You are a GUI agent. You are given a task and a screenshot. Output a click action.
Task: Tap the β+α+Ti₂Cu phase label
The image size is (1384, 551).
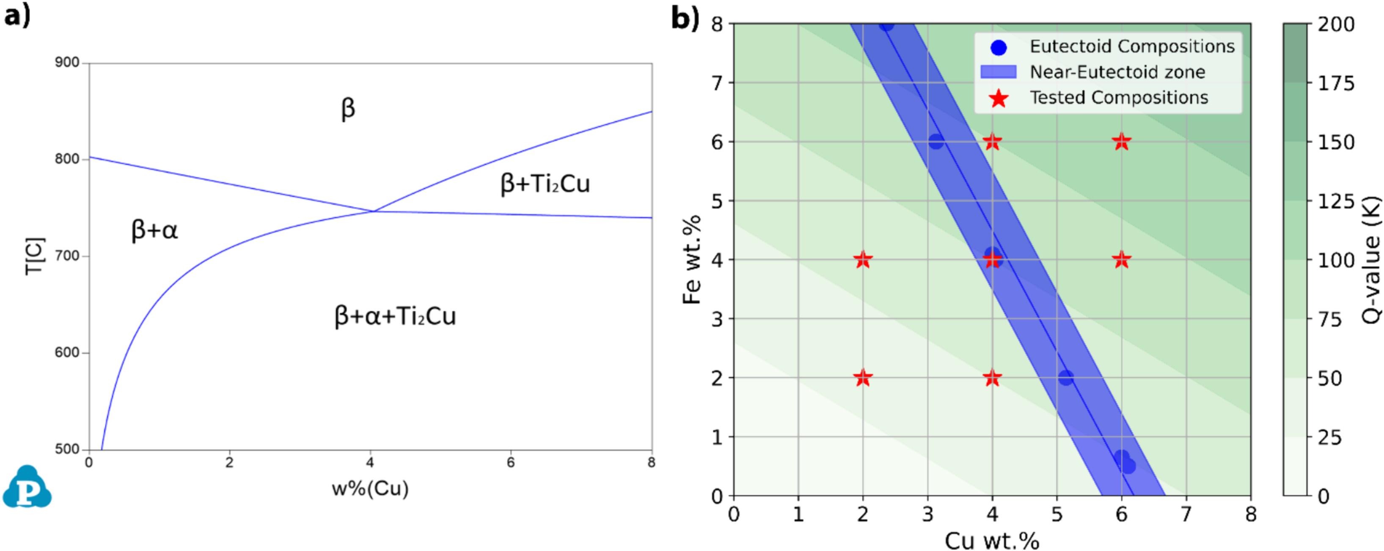(395, 316)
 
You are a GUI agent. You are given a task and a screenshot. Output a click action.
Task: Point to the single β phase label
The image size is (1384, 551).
(348, 109)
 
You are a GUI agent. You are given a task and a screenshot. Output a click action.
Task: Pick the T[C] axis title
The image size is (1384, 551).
(35, 256)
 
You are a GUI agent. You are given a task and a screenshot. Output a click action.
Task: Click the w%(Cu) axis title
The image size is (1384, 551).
(370, 489)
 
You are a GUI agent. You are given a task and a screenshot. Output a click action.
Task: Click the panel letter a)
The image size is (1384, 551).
(17, 16)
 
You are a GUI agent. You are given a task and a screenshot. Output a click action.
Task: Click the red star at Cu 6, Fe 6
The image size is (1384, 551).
(1121, 142)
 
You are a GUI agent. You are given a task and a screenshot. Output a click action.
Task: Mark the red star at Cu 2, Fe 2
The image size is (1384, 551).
(863, 378)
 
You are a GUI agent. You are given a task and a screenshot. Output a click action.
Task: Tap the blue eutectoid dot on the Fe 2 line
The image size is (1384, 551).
(1066, 378)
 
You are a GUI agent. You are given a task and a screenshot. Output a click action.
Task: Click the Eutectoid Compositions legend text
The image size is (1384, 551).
(1132, 47)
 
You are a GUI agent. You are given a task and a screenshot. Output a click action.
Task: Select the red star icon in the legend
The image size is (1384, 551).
(998, 98)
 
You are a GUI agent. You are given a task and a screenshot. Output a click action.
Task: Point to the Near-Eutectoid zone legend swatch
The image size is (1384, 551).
(998, 72)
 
